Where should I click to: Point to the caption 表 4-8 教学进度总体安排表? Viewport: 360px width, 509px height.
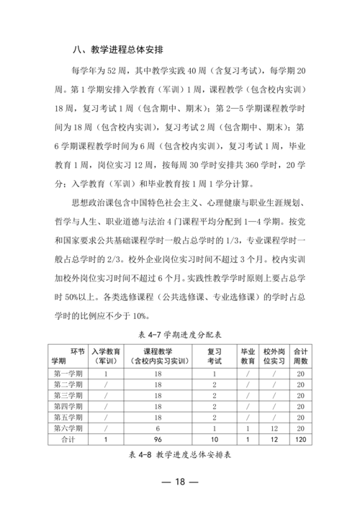click(x=179, y=455)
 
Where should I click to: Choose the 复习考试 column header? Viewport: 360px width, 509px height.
click(x=215, y=356)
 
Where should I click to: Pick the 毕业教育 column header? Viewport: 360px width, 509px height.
click(x=248, y=356)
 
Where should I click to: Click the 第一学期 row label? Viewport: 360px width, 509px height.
click(x=68, y=374)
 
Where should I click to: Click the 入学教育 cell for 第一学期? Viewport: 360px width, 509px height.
click(x=107, y=374)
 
